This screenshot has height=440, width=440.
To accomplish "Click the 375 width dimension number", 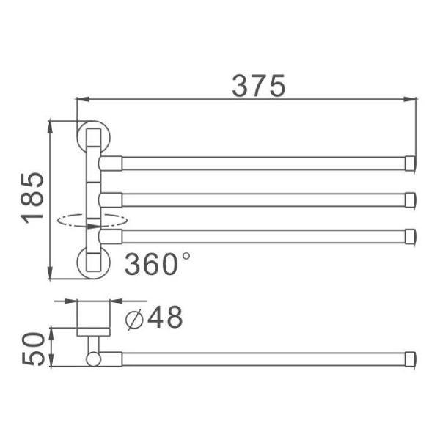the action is tap(259, 86).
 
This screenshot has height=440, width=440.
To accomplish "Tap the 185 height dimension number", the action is tap(33, 198).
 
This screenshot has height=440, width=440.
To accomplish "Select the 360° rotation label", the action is tap(158, 264).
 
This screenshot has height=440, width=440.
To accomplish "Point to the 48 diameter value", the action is tap(165, 317).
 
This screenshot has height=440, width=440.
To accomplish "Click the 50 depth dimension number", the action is tap(34, 348).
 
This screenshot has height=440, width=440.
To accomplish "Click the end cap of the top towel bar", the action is tap(410, 164).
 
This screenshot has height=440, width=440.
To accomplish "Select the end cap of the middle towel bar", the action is tap(410, 199).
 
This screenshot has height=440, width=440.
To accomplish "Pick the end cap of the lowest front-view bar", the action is tap(410, 237).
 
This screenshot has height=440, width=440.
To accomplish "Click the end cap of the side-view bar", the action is tap(410, 359).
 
